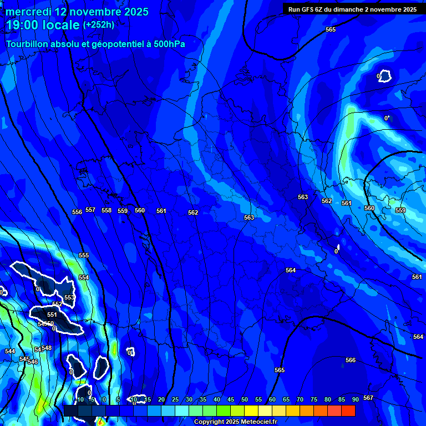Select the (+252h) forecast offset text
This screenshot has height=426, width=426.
point(99,25)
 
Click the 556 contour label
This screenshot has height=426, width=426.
point(77,212)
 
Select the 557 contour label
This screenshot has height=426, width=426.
point(90,210)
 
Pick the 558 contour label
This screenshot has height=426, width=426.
point(106,211)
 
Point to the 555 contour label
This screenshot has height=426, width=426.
point(84,256)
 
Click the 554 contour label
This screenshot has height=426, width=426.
point(84,277)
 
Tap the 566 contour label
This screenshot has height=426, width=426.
point(351,361)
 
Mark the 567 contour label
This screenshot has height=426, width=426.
point(368,398)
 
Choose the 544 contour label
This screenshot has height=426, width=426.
point(10,352)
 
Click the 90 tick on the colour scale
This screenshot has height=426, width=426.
point(355,399)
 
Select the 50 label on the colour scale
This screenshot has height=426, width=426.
point(245,399)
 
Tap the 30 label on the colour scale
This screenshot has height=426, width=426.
point(189,399)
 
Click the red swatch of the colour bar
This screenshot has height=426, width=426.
point(348,410)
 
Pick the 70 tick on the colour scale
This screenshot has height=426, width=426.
point(300,399)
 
